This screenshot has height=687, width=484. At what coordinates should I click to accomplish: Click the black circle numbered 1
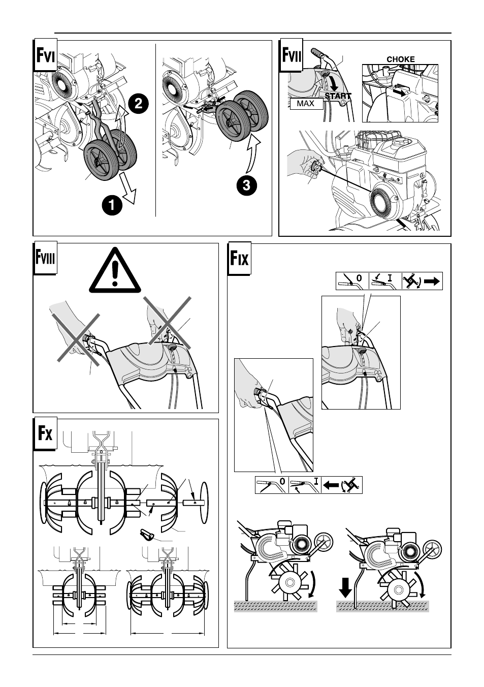pos(112,205)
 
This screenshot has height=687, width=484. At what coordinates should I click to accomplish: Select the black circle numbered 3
pos(247,185)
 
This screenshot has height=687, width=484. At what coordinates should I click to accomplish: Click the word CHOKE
pos(401,59)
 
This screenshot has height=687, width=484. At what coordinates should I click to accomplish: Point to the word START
pos(338,96)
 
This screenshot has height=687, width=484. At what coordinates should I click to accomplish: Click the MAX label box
pos(306,104)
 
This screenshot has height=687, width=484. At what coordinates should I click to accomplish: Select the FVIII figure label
pos(45,258)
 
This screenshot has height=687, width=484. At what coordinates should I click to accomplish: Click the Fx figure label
pos(45,433)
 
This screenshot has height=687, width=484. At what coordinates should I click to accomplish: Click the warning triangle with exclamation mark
pos(115,270)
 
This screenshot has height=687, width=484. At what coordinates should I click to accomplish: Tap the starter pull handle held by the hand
pos(315,168)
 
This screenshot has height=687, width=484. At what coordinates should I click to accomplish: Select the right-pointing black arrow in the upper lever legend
pos(432,281)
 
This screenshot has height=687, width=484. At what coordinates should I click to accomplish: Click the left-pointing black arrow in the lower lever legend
pos(331,485)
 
